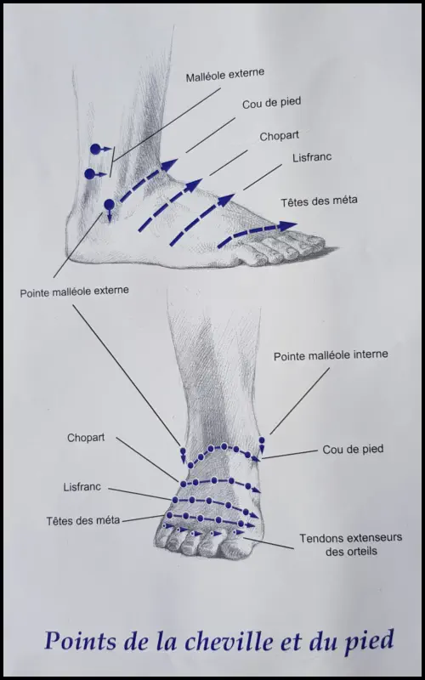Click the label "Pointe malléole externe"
74,292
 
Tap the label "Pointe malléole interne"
331,355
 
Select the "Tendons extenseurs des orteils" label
351,544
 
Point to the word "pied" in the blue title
371,642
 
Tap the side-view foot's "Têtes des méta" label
319,201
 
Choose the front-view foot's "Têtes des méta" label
82,520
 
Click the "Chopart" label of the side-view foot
280,136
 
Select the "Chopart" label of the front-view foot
86,438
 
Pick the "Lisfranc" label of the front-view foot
82,487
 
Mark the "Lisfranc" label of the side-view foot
312,157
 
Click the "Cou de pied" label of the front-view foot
353,450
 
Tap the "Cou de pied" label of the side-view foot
271,104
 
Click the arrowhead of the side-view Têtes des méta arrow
287,226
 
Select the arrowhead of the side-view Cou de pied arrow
170,165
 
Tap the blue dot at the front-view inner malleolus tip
262,440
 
